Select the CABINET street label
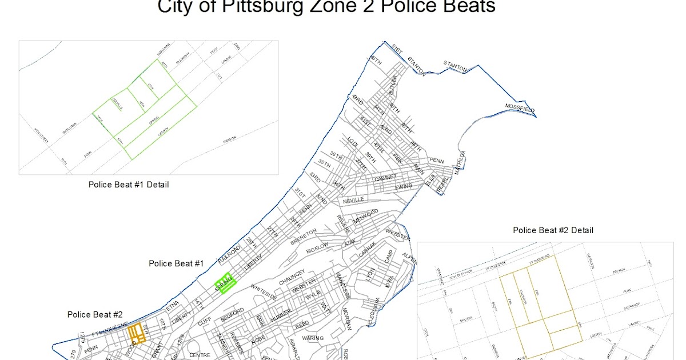pos(385,179)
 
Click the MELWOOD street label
pos(366,219)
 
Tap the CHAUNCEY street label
pos(293,275)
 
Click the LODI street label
pos(353,142)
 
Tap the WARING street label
pos(313,338)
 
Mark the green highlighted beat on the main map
pos(226,283)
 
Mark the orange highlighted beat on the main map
pos(136,332)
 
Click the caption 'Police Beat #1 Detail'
pos(128,185)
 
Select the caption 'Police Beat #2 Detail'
pos(553,230)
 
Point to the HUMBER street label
pos(281,316)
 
